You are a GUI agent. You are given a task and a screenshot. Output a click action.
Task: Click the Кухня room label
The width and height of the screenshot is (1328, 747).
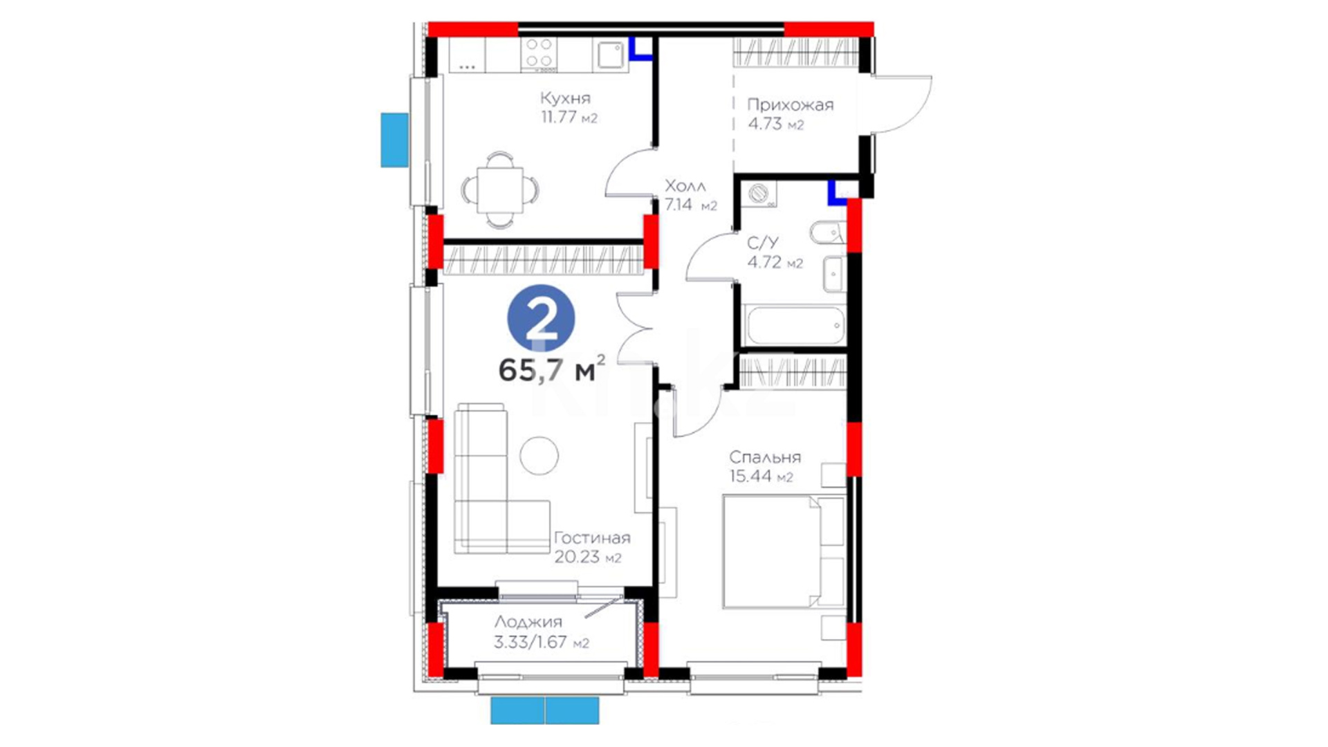(565, 98)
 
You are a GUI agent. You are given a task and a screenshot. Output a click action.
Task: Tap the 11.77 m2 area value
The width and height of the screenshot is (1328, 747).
(569, 117)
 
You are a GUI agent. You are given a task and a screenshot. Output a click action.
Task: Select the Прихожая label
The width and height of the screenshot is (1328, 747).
(790, 105)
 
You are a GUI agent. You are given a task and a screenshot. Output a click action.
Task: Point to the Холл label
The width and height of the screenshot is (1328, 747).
(685, 186)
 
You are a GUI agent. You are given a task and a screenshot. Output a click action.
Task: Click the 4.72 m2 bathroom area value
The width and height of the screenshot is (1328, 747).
(775, 262)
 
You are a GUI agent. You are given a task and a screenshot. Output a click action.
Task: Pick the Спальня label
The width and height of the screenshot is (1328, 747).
(765, 457)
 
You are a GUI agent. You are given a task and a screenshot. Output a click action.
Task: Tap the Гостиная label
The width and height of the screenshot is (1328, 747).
(592, 537)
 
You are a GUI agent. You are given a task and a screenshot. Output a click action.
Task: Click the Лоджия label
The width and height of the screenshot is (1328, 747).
(528, 622)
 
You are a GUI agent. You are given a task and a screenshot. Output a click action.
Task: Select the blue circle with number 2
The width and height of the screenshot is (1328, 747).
(541, 319)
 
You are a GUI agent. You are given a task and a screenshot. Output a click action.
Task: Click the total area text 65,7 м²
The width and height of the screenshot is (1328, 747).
(552, 369)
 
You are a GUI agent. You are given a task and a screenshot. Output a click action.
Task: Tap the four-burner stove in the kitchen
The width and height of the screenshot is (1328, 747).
(539, 55)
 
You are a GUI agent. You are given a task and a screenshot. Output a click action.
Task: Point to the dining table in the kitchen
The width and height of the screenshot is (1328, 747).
(499, 190)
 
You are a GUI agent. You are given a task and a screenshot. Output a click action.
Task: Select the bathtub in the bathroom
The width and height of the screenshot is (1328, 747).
(795, 324)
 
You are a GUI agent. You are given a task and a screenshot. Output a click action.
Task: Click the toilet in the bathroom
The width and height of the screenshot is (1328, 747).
(827, 233)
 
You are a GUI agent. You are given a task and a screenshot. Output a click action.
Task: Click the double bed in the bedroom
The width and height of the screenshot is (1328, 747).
(784, 551)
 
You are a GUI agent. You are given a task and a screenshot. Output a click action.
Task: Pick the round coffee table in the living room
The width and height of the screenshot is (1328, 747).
(539, 455)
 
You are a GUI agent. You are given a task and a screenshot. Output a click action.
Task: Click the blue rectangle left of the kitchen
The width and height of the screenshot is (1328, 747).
(395, 140)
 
